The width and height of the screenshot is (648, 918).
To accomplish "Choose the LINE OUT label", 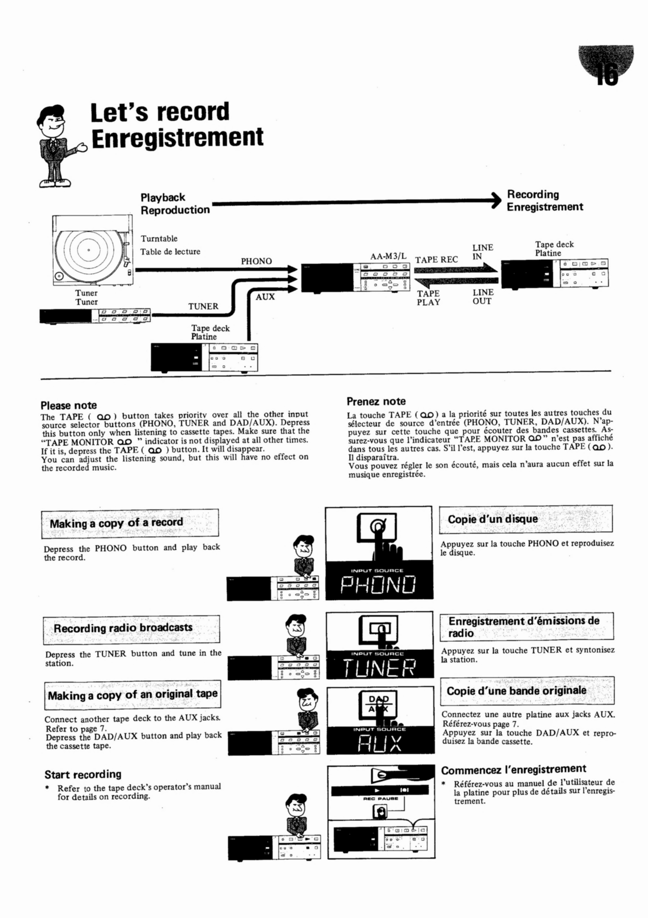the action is coord(483,297).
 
